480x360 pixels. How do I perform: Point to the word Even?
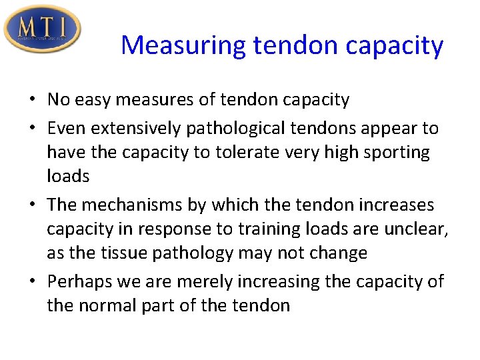[x=65, y=128]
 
